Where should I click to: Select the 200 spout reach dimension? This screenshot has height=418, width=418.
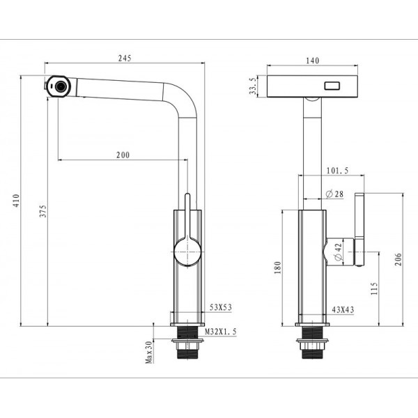coord(123,155)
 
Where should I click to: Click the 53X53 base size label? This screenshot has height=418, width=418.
coord(221,307)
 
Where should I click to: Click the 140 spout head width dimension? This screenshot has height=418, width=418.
coord(312,61)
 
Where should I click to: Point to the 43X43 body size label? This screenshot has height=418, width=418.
coord(343,309)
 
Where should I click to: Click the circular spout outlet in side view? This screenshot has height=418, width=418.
coord(60,86)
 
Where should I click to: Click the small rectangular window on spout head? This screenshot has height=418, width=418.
coord(331,87)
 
